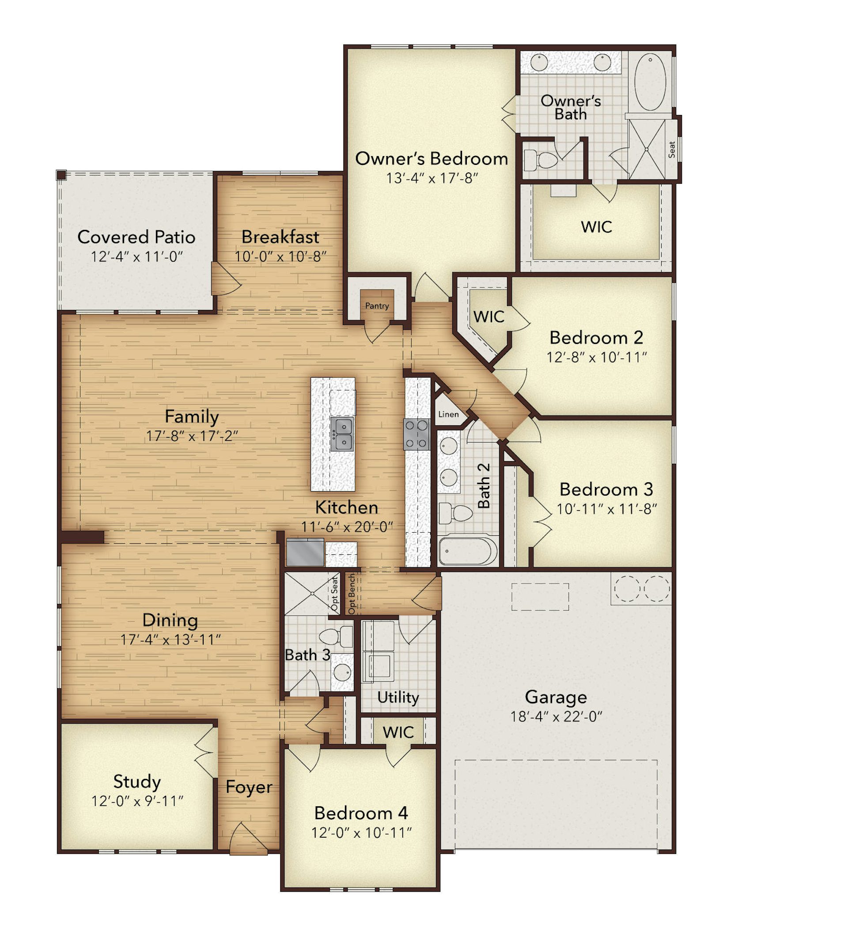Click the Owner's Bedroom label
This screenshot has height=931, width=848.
(x=432, y=159)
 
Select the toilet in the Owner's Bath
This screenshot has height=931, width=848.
(x=541, y=160)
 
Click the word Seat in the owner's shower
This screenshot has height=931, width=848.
(x=671, y=149)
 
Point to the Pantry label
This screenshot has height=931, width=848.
(x=377, y=306)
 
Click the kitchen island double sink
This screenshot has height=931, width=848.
(x=342, y=434)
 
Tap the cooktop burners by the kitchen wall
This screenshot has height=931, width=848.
(x=416, y=434)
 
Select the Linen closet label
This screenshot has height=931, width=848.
(x=448, y=414)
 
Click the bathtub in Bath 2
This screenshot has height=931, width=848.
(x=467, y=550)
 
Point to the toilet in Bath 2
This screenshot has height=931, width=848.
(x=455, y=513)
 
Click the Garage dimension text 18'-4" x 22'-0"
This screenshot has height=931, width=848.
(x=556, y=716)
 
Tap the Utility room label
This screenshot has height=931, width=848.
(x=397, y=697)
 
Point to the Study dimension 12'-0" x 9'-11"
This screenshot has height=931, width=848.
(x=137, y=801)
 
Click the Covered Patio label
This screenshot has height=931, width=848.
(x=136, y=237)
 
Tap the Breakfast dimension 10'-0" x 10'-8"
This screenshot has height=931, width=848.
(x=280, y=256)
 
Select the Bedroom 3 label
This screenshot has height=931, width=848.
(x=606, y=489)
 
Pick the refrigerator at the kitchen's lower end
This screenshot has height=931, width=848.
(x=305, y=552)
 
